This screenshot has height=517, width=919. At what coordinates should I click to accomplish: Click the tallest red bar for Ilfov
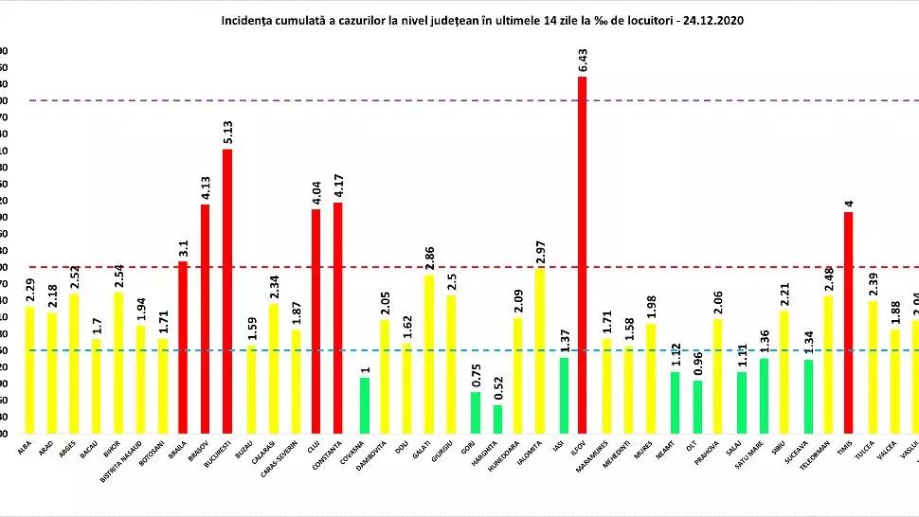pyautogui.click(x=582, y=256)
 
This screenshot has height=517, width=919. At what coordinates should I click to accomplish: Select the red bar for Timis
pyautogui.click(x=848, y=322)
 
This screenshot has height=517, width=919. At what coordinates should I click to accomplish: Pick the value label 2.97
pyautogui.click(x=540, y=251)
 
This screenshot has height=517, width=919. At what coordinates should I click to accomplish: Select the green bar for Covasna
pyautogui.click(x=363, y=405)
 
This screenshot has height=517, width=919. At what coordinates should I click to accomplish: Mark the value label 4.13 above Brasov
pyautogui.click(x=206, y=187)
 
